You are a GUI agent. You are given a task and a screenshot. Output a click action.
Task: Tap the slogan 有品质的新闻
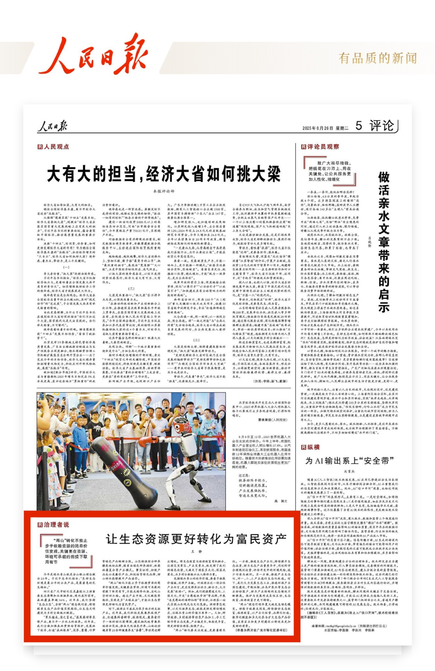(377, 58)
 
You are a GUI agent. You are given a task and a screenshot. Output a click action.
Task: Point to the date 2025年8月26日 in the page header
(318, 128)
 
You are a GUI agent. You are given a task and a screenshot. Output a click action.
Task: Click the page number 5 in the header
(358, 126)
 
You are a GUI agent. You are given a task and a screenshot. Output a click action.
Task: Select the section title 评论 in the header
(381, 126)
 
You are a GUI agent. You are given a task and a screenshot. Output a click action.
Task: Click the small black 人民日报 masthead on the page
(52, 126)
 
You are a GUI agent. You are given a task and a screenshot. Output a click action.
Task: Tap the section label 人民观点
(54, 147)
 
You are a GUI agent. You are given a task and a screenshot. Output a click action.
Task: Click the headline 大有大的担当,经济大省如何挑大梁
(164, 174)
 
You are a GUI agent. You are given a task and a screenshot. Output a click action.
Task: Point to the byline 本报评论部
(164, 191)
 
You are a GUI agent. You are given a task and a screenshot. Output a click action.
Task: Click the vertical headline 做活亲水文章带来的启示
(384, 242)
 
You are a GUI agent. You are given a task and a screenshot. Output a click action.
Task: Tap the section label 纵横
(311, 447)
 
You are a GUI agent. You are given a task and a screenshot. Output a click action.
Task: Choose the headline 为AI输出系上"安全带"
(349, 461)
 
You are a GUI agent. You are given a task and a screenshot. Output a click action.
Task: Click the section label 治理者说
(54, 524)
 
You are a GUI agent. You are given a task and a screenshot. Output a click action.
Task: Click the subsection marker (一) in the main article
(66, 267)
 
